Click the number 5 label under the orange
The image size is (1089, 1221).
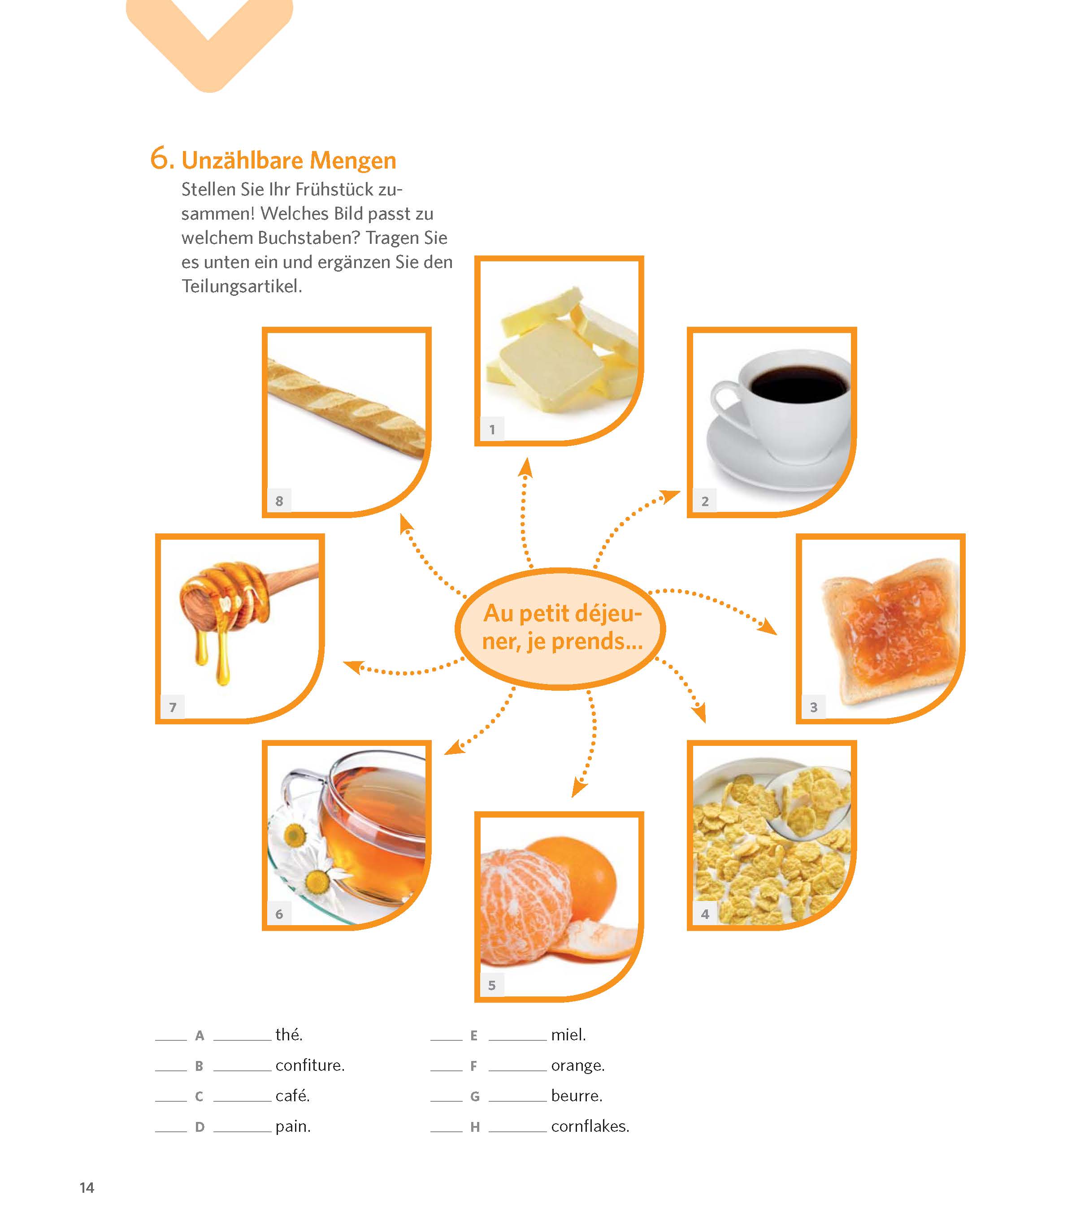tap(492, 985)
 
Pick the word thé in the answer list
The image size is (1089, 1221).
tap(288, 1035)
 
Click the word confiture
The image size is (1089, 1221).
tap(310, 1065)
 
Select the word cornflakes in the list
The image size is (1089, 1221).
tap(590, 1126)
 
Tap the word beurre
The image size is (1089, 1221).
tap(576, 1095)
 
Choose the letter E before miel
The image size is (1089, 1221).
tap(474, 1035)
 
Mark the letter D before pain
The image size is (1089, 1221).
tap(199, 1127)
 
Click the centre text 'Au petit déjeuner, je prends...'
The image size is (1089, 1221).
tap(562, 627)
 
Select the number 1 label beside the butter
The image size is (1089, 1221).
tap(492, 429)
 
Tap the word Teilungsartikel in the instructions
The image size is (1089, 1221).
tap(242, 286)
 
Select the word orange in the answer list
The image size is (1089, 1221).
tap(577, 1066)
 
